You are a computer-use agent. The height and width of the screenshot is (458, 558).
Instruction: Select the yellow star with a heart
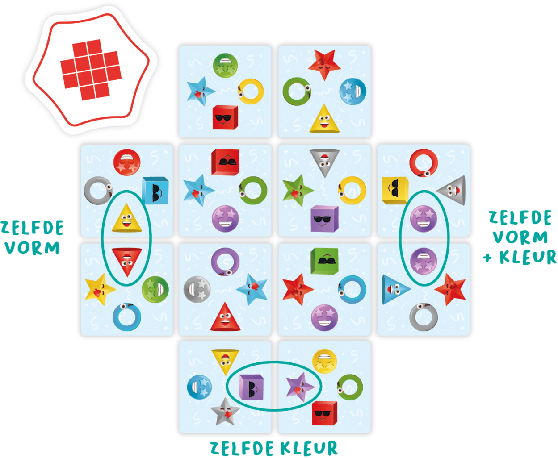pos(100,289)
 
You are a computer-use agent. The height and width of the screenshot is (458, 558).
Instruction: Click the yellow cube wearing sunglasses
pos(395,191)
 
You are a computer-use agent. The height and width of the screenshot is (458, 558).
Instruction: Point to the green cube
pos(324,261)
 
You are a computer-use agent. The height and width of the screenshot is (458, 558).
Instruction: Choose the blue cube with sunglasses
pos(155,191)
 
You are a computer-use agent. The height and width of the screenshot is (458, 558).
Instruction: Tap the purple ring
pos(225,262)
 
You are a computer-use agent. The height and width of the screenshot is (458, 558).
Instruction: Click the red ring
pos(424,162)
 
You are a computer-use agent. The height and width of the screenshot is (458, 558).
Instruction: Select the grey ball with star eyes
pos(197,289)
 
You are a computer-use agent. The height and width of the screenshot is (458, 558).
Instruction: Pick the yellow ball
pos(324,361)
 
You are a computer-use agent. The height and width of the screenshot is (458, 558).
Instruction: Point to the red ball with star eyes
pos(127,162)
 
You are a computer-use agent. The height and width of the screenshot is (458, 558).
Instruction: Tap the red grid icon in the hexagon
pos(91,70)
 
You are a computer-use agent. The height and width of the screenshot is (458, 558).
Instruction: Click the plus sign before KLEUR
pos(487,258)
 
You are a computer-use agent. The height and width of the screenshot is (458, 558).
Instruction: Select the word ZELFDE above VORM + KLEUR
pos(520,218)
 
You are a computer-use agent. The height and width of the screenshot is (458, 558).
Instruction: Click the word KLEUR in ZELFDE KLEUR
pos(309,448)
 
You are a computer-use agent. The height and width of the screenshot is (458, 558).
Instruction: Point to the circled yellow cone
pos(127,218)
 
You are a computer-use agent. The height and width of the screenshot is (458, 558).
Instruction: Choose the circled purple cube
pos(251,387)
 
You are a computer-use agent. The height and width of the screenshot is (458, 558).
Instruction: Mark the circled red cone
pos(127,262)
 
